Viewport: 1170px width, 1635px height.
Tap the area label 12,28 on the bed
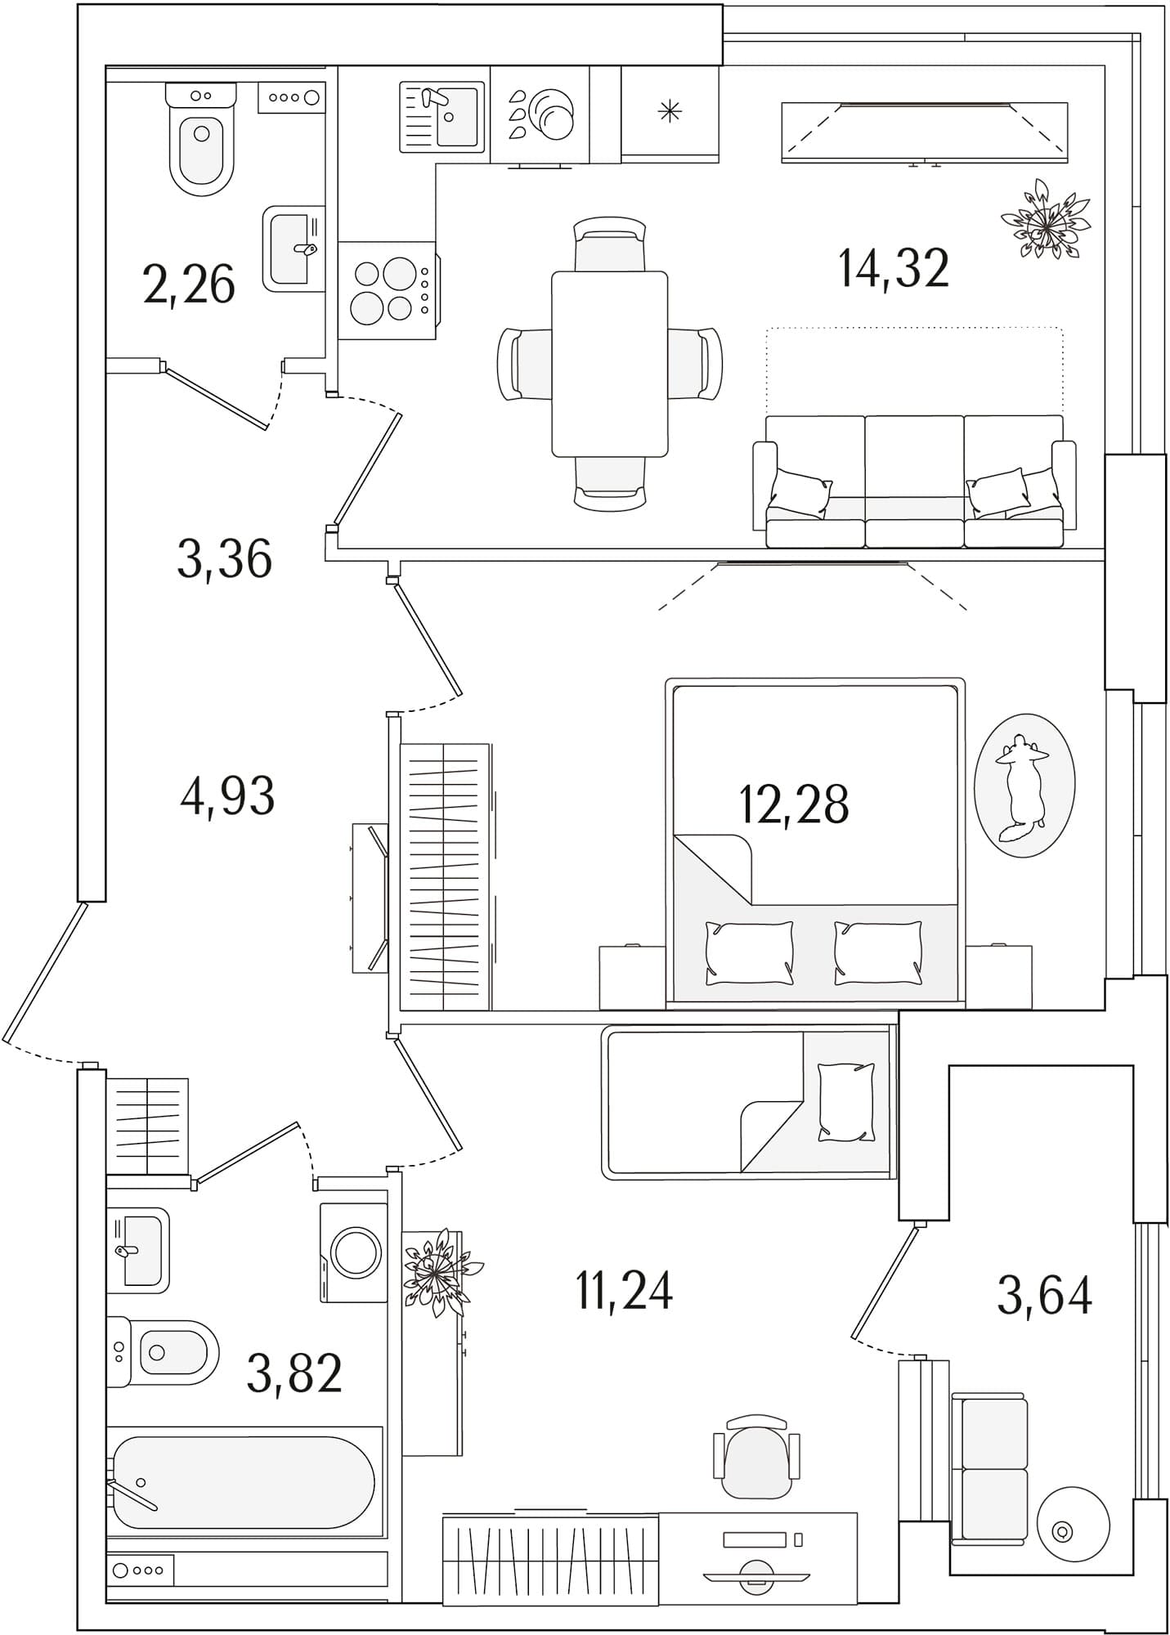pyautogui.click(x=794, y=804)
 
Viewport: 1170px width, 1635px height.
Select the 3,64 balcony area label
pyautogui.click(x=1044, y=1296)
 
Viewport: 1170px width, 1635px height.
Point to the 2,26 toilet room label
pyautogui.click(x=189, y=285)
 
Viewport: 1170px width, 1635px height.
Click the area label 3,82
pyautogui.click(x=294, y=1373)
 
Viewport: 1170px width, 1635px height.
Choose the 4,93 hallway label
pyautogui.click(x=227, y=796)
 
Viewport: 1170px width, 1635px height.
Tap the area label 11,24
pyautogui.click(x=625, y=1292)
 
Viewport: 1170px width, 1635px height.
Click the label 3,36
pyautogui.click(x=225, y=560)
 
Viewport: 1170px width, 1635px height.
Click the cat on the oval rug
pyautogui.click(x=1021, y=784)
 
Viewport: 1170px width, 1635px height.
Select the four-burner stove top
pyautogui.click(x=384, y=290)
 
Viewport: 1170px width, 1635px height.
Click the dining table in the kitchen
pyautogui.click(x=610, y=364)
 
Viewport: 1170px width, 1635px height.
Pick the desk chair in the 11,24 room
pyautogui.click(x=756, y=1457)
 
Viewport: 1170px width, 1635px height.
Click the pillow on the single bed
pyautogui.click(x=845, y=1102)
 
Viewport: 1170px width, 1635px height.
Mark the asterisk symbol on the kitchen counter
pyautogui.click(x=670, y=111)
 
